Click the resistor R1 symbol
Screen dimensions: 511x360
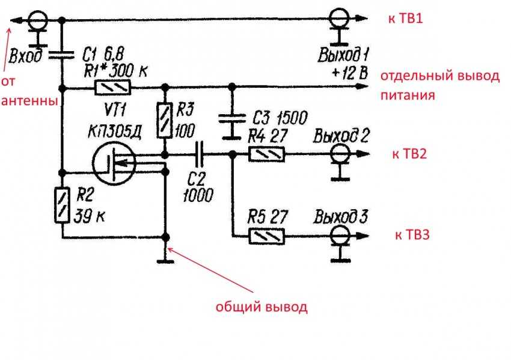point(112,88)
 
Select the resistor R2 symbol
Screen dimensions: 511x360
point(62,205)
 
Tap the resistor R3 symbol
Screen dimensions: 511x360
point(165,120)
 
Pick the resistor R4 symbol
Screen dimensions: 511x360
point(266,154)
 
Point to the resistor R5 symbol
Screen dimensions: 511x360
point(266,236)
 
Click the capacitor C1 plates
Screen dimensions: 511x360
point(61,55)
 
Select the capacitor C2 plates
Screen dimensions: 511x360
point(199,154)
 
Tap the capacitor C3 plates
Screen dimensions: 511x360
point(231,118)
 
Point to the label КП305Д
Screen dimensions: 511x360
point(115,132)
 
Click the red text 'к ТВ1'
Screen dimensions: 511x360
point(405,18)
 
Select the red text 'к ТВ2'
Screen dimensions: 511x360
point(409,154)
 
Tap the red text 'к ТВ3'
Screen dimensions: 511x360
point(412,234)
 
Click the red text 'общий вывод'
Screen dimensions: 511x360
point(262,307)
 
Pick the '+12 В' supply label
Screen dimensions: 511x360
point(350,73)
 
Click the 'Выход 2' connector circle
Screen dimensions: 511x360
point(340,153)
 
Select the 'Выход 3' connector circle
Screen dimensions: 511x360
point(340,236)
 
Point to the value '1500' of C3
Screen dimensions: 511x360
point(292,118)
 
